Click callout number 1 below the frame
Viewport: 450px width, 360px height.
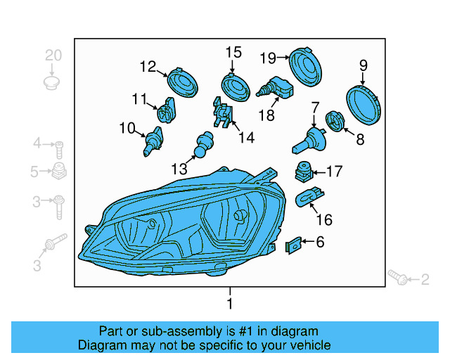click(229, 304)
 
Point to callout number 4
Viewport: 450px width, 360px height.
click(37, 145)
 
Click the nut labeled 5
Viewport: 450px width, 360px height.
click(60, 170)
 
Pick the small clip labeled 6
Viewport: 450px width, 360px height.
click(294, 245)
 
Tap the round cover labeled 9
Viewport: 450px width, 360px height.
click(365, 104)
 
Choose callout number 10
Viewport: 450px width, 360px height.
click(127, 128)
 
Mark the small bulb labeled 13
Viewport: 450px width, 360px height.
click(205, 143)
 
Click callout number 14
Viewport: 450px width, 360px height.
click(245, 138)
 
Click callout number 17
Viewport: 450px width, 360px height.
click(333, 171)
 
